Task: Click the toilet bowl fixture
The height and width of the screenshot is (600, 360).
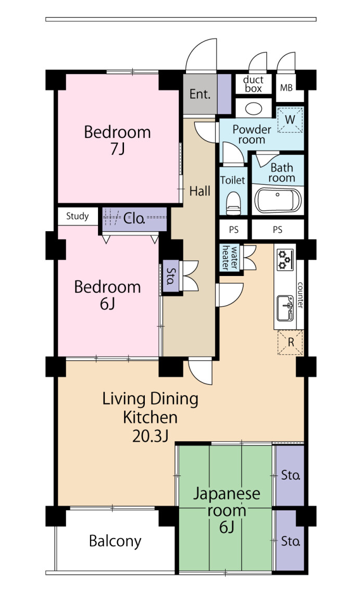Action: coord(233,203)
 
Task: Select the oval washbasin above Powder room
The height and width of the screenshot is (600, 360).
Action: coord(253,109)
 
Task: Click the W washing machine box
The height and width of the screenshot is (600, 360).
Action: coord(290,120)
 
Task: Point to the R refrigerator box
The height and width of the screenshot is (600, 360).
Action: coord(290,342)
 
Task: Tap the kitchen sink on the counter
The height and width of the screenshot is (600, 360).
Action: coord(285,308)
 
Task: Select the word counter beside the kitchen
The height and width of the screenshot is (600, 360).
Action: coord(300,295)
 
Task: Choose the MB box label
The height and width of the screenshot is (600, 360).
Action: coord(286,87)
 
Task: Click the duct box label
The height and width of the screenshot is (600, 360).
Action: coord(253,84)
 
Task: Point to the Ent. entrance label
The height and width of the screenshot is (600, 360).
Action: coord(200,94)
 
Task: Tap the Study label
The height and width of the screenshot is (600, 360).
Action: coord(77,216)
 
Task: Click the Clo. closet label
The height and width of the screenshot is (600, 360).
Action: coord(134,219)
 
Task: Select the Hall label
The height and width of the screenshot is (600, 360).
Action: coord(200,191)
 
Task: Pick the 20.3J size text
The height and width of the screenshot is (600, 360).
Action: coord(151,436)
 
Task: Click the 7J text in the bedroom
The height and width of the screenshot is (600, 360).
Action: coord(117,149)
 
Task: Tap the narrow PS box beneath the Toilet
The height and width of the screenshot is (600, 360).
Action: coord(233,230)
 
